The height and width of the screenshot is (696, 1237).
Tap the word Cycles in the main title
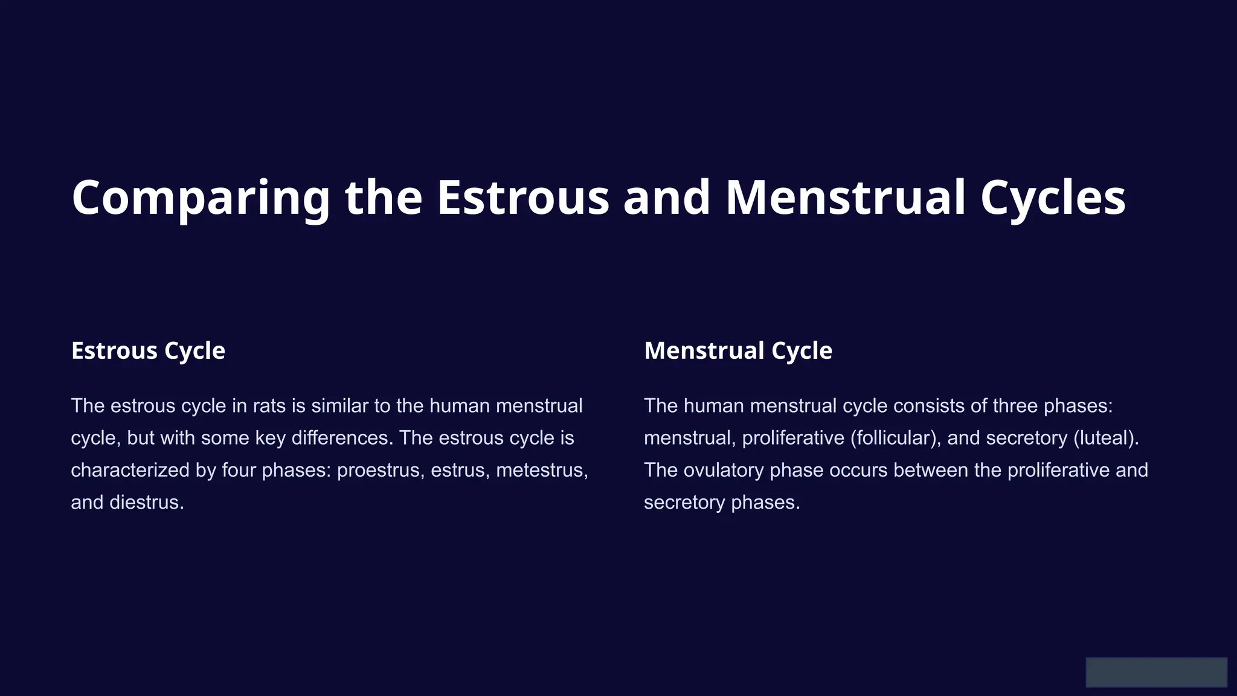tap(1053, 198)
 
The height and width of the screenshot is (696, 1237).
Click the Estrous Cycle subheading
tap(148, 350)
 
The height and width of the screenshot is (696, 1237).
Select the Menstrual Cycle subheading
tap(738, 350)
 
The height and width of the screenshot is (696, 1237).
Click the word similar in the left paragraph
tap(339, 405)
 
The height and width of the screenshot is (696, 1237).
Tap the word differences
tap(342, 437)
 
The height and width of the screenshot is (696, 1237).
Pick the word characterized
tap(130, 470)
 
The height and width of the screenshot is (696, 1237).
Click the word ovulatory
tap(724, 470)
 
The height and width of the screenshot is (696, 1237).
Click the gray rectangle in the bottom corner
tap(1156, 672)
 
